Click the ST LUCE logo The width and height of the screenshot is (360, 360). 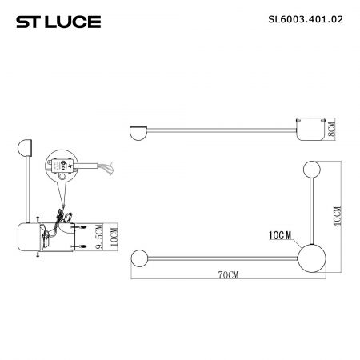(58, 22)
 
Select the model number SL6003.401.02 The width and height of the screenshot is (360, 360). (306, 19)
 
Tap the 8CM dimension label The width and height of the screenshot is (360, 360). (331, 130)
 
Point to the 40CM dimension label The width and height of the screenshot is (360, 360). (337, 217)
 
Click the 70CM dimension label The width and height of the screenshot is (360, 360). (229, 274)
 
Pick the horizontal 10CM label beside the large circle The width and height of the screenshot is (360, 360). (280, 235)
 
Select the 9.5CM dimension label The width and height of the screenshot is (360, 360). (99, 237)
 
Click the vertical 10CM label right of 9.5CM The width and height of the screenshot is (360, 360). (114, 237)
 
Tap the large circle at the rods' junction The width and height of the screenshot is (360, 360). (311, 258)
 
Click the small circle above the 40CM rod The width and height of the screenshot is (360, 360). (312, 170)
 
